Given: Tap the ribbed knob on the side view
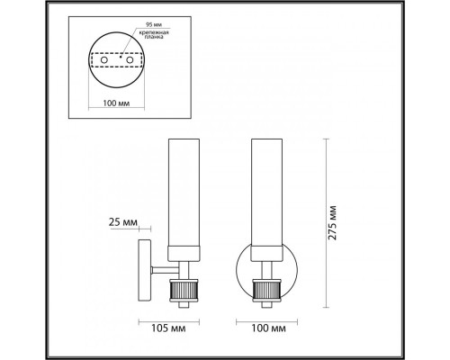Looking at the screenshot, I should [182, 291].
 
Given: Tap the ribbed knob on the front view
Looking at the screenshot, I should [267, 291].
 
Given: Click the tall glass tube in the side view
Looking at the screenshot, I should [182, 189].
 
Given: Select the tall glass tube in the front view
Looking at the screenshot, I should [267, 189].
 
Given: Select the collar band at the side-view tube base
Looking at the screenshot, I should [182, 248].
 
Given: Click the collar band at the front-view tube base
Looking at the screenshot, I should [267, 248].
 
